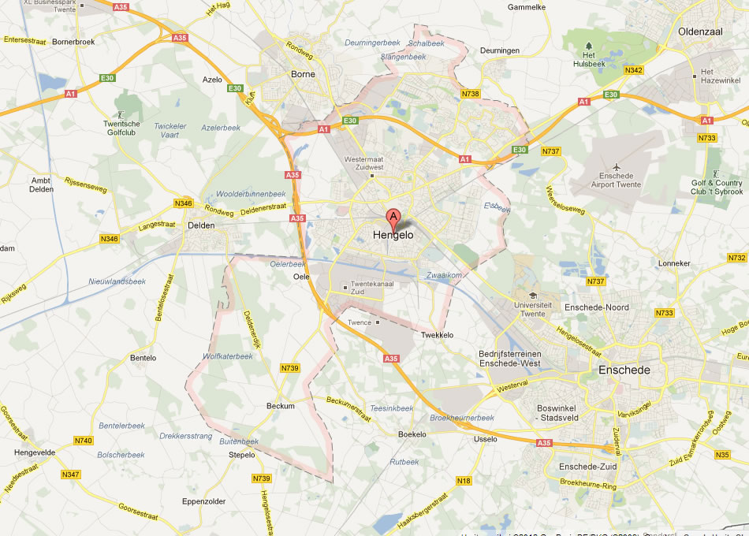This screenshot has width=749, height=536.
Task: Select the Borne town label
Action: (x=303, y=74)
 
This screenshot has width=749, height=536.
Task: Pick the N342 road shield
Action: (x=635, y=70)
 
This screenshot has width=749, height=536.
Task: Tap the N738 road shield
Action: (x=470, y=94)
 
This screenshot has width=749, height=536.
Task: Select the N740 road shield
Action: (x=84, y=441)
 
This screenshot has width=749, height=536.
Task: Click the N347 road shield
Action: (x=71, y=474)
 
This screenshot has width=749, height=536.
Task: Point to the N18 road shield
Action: (x=464, y=480)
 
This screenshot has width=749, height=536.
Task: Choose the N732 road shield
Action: (x=736, y=258)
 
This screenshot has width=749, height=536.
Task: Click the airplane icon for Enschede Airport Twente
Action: (x=616, y=166)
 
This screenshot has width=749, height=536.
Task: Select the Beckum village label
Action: (x=281, y=406)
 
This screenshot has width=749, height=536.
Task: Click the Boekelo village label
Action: (x=412, y=434)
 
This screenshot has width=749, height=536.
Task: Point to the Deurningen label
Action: (x=500, y=50)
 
